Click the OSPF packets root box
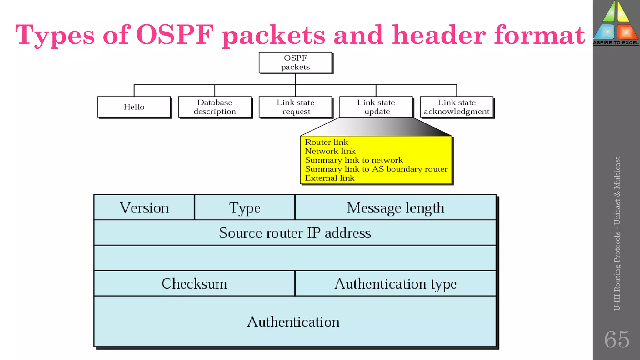[x=295, y=62]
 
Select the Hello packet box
[x=134, y=107]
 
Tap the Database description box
[x=215, y=107]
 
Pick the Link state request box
[x=295, y=107]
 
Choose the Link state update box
[x=376, y=107]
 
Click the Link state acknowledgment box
[x=457, y=107]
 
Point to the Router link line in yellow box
[x=327, y=142]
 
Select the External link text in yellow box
[x=330, y=178]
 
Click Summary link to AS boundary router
[x=376, y=169]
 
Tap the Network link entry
[x=330, y=151]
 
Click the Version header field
[x=144, y=208]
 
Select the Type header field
[x=245, y=208]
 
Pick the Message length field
[x=396, y=208]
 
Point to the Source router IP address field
[x=295, y=233]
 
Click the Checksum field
[x=194, y=284]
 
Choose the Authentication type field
[x=396, y=284]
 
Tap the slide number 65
[x=617, y=339]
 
